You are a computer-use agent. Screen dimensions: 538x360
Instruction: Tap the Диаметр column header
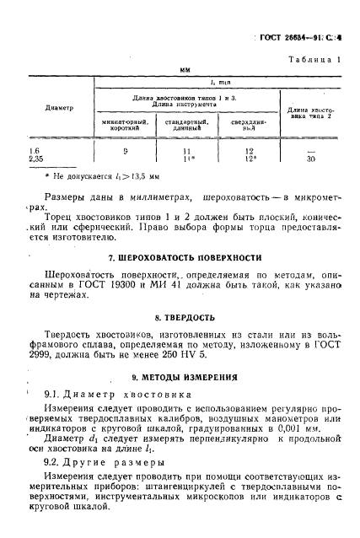coord(58,108)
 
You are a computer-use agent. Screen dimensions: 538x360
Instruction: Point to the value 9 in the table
coord(125,150)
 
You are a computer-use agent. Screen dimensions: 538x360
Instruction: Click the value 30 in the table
coord(311,158)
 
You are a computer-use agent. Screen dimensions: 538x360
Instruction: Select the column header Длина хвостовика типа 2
coord(311,113)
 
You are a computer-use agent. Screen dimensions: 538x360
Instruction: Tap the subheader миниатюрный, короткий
coord(125,126)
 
